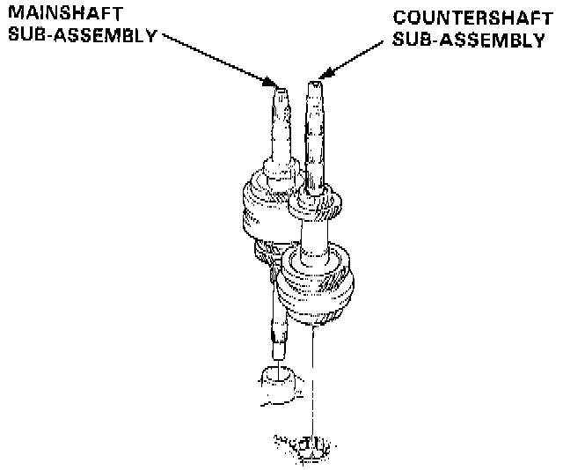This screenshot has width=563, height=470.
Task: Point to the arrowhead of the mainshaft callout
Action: pos(270,82)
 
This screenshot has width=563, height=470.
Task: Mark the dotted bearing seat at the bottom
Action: pos(303,446)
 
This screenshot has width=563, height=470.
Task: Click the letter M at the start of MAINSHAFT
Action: pos(11,16)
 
